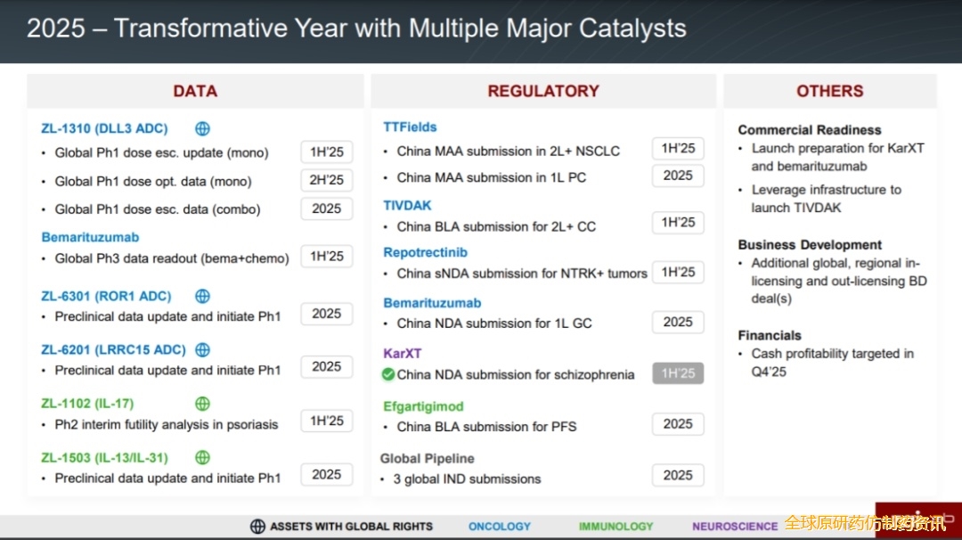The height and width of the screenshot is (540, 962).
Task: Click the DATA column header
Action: point(195,91)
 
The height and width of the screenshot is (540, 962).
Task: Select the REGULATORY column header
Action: point(543,91)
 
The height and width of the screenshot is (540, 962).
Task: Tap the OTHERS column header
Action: point(829,91)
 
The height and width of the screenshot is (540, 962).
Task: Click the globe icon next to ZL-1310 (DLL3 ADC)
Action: point(202,129)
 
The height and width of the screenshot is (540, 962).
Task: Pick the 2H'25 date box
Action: point(326,180)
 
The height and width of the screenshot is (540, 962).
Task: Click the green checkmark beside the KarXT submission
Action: point(387,374)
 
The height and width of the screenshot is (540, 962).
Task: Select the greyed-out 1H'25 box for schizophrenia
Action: point(678,373)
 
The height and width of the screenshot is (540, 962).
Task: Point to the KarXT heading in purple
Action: point(402,354)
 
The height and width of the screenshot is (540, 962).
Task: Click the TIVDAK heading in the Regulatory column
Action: point(407,206)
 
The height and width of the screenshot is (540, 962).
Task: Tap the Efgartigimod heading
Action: point(423,406)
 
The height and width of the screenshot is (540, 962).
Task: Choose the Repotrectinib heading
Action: point(425,252)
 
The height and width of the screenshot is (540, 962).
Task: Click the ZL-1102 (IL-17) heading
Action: point(87,404)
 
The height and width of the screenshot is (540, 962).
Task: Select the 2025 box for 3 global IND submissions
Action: point(678,475)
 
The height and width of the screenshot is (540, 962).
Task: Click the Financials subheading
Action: point(770,336)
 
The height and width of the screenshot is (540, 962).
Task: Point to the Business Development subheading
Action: point(810,245)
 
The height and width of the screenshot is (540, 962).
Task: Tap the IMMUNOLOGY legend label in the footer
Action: point(616,527)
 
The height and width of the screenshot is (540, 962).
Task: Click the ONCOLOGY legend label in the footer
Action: point(500,527)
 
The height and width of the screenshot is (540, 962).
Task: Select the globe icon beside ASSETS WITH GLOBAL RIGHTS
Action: point(257,527)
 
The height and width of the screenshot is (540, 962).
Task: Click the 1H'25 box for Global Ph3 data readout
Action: point(326,257)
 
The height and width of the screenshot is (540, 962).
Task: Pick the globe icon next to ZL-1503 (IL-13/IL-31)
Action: point(202,458)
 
